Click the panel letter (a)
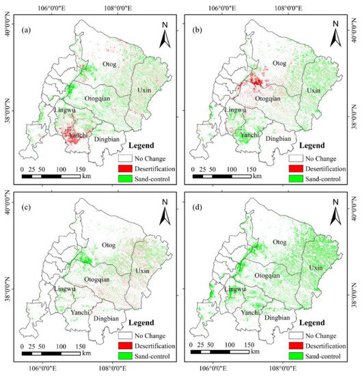coord(29,29)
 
